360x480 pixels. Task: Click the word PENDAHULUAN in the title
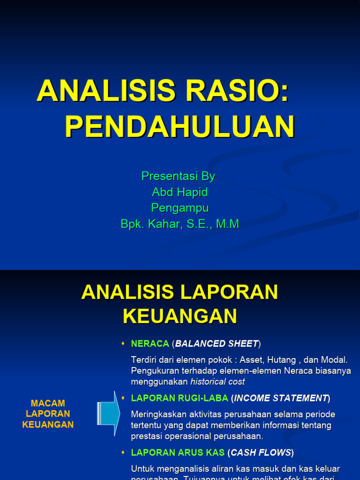(x=180, y=127)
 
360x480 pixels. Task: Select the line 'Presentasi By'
(x=178, y=176)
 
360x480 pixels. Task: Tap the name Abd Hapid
(x=180, y=192)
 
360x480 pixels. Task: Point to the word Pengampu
(x=180, y=208)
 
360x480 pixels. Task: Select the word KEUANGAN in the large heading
(x=180, y=316)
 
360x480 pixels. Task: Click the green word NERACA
(x=150, y=344)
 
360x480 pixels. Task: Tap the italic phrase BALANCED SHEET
(x=217, y=344)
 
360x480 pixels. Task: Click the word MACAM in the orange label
(x=48, y=404)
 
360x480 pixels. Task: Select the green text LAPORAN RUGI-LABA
(x=180, y=398)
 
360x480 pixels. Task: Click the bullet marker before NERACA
(x=123, y=344)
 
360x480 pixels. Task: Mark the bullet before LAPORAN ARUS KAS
(x=123, y=453)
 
